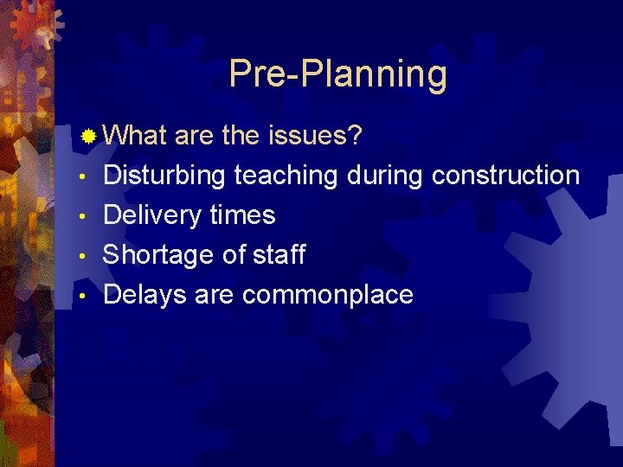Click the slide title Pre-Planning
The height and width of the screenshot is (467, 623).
click(338, 75)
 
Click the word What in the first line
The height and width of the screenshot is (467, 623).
click(136, 136)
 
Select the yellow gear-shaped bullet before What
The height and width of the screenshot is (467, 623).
click(89, 137)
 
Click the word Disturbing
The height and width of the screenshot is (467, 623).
click(164, 176)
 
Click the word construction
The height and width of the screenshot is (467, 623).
click(505, 176)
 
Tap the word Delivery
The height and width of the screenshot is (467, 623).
click(152, 215)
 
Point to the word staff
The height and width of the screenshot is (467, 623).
click(279, 255)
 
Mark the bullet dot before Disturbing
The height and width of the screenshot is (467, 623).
click(80, 177)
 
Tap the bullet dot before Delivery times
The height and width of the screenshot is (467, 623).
click(80, 217)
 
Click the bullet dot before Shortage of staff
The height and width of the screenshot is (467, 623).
click(80, 257)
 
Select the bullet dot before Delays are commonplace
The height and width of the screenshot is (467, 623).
click(80, 297)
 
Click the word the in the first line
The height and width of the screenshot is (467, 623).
click(241, 136)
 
